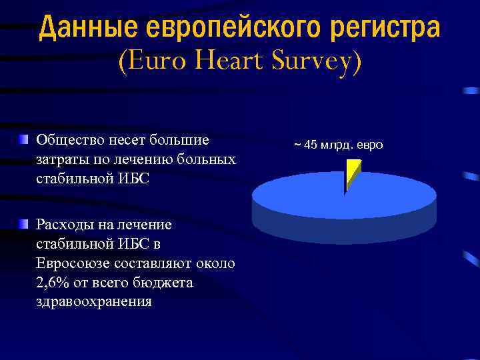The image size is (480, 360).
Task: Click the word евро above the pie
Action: [x=371, y=144]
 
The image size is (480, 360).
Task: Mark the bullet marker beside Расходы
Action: [x=24, y=223]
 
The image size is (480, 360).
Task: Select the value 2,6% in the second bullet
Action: [x=54, y=283]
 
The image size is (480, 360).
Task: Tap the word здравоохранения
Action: [x=94, y=301]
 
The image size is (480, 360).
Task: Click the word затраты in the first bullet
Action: [x=60, y=159]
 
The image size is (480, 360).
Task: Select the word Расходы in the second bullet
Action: [x=65, y=225]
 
